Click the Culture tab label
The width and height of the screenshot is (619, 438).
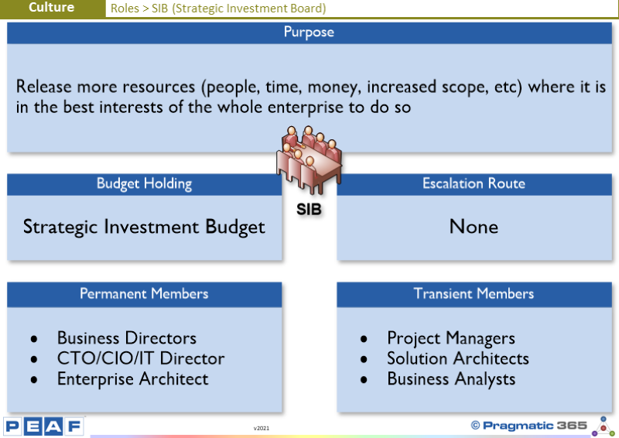52,7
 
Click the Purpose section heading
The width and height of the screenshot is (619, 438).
309,32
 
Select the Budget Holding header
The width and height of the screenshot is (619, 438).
145,184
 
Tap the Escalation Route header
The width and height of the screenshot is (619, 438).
474,183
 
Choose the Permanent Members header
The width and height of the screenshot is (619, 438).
144,294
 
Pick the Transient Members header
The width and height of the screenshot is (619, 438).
474,294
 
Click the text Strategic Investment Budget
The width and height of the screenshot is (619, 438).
144,228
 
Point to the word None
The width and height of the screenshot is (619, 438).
474,227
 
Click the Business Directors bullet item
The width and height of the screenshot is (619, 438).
127,338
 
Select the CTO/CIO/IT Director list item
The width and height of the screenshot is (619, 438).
141,358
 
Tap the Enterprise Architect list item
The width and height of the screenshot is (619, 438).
132,379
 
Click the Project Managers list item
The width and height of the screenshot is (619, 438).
451,338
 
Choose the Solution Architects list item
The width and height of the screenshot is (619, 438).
458,358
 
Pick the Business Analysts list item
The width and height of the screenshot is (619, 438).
451,379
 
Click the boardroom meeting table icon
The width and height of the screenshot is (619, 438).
309,160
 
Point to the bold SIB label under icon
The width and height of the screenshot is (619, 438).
309,209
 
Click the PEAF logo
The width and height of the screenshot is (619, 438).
44,426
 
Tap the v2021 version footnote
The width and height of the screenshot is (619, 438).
262,428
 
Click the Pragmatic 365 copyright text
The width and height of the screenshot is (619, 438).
529,426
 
